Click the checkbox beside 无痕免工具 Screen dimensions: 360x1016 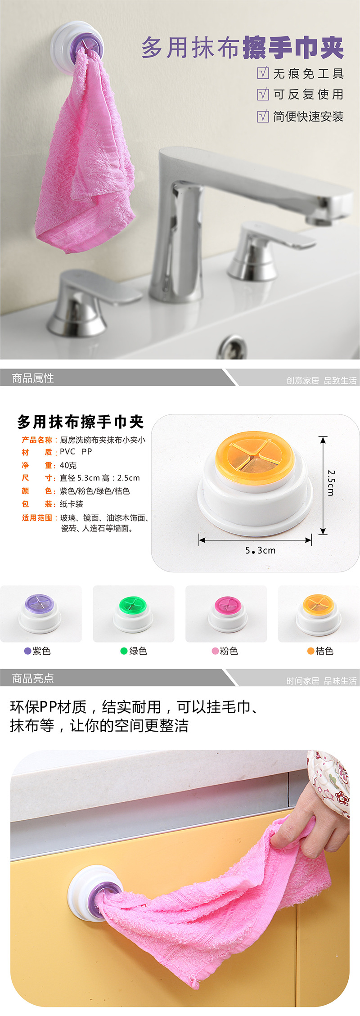coord(263,73)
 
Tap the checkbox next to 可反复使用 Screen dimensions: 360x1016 coord(263,94)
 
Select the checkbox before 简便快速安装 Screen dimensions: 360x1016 coord(263,116)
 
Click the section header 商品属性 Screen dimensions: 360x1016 coord(33,378)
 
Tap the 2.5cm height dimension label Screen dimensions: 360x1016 coord(331,483)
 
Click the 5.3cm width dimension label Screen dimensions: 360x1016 coord(260,550)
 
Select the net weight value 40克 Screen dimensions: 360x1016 coord(68,465)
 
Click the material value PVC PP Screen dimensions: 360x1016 coord(76,451)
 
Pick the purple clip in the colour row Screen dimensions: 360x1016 coord(41,613)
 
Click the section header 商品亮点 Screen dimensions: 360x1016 coord(33,678)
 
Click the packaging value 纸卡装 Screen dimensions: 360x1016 coord(72,504)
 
